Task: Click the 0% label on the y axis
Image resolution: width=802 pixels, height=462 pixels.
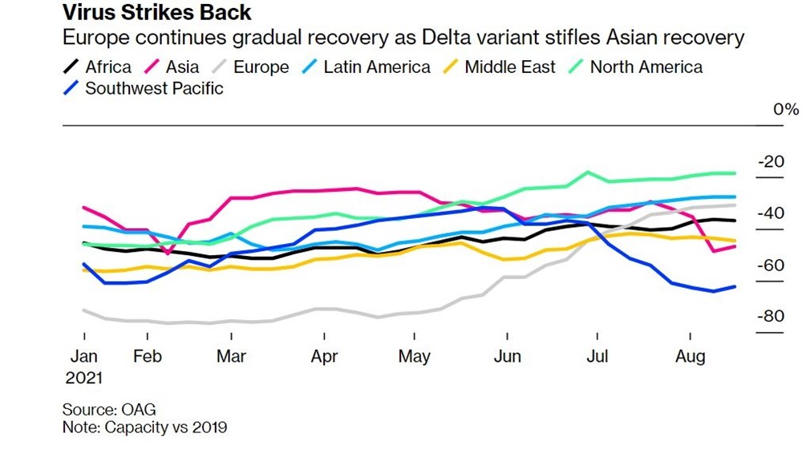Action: [x=785, y=110]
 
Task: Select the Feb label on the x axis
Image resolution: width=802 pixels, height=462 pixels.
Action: [x=147, y=357]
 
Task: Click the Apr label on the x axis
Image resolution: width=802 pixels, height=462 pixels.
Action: [x=324, y=357]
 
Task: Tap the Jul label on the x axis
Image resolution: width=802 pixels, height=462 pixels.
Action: [x=597, y=357]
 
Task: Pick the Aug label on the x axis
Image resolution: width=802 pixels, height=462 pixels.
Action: [x=691, y=357]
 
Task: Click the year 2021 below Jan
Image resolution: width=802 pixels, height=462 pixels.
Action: [x=83, y=377]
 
